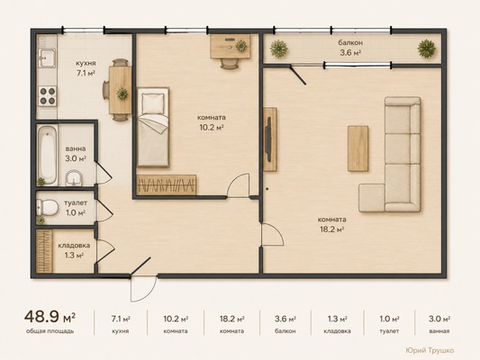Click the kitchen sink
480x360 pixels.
(x=47, y=58)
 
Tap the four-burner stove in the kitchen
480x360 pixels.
(x=48, y=95)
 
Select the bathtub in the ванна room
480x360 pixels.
(x=48, y=155)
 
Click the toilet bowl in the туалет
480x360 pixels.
(x=48, y=207)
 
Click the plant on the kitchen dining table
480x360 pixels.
(x=122, y=94)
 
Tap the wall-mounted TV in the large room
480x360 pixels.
(x=268, y=139)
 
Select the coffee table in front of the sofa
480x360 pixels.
(x=358, y=148)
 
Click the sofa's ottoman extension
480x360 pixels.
(x=372, y=198)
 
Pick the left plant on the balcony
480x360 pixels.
(x=278, y=49)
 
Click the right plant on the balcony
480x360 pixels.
(x=427, y=49)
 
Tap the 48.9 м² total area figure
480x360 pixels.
(x=50, y=317)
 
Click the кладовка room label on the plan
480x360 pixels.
(x=74, y=246)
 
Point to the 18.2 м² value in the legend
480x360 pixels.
(x=231, y=319)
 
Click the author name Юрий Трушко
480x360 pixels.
(x=430, y=350)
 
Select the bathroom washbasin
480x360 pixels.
(x=74, y=178)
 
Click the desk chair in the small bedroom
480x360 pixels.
(x=230, y=63)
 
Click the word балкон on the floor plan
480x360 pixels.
(x=350, y=42)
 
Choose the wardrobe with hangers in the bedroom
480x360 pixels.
(x=167, y=185)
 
